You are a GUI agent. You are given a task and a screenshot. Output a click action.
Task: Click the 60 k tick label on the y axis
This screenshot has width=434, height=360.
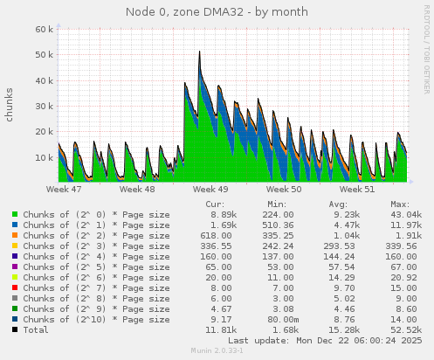pos(45,29)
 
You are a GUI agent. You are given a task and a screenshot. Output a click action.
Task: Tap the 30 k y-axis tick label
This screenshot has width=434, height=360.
pos(45,106)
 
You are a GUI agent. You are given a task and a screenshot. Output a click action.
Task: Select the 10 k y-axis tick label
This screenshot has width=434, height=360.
pos(45,157)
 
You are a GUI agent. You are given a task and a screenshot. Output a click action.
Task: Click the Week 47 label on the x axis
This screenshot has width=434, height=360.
pos(64,188)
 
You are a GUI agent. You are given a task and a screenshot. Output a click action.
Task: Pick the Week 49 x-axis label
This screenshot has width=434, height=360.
pos(210,188)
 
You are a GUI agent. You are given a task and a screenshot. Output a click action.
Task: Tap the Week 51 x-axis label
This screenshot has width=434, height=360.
pos(356,188)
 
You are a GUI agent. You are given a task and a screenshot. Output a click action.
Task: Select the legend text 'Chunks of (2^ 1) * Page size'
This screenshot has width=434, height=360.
pos(96,225)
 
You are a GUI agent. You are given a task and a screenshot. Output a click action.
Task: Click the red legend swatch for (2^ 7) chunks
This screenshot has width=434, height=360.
pos(15,287)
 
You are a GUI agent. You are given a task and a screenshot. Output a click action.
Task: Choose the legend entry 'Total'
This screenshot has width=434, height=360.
pos(37,329)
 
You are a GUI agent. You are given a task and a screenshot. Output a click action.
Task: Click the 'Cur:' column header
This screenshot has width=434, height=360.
pos(214,204)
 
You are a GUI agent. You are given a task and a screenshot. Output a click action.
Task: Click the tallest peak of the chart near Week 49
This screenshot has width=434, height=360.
pos(200,52)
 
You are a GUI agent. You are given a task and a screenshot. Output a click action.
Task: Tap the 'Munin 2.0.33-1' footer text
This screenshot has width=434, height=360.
pos(217,351)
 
